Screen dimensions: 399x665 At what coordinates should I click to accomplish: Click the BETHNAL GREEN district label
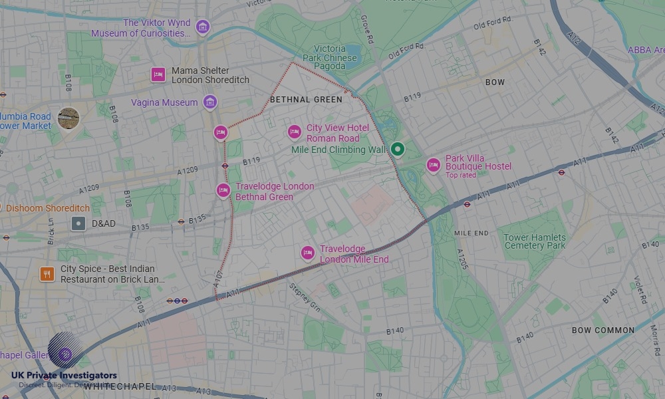coord(306,100)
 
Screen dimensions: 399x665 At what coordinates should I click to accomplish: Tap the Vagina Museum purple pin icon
coord(210,102)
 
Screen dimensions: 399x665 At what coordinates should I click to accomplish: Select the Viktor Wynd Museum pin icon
coord(203,27)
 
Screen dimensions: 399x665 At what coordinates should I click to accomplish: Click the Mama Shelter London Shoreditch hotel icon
coord(158,74)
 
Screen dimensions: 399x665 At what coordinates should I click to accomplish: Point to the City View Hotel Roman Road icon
coord(294,132)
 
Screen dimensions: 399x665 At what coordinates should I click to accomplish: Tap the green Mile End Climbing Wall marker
coord(397,149)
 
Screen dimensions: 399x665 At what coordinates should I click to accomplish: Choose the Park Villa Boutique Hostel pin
coord(434,165)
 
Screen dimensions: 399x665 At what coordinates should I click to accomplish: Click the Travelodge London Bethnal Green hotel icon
coord(223,191)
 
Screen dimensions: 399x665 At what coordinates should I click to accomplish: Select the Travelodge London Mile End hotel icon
coord(307,253)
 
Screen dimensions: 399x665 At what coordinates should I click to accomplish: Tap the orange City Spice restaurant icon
coord(47,274)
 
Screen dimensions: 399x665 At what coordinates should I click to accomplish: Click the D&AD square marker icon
coord(78,223)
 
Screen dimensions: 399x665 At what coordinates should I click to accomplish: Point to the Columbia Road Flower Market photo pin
coord(68,118)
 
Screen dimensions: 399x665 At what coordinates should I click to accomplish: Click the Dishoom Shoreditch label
coord(48,208)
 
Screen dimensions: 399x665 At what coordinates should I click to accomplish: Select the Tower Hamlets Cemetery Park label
coord(535,241)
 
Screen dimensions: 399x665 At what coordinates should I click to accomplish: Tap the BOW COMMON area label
coord(602,331)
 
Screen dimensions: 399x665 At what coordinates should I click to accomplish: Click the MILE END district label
coord(471,233)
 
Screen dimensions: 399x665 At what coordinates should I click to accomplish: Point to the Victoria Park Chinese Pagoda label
coord(329,58)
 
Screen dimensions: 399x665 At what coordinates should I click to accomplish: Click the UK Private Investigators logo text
coord(64,376)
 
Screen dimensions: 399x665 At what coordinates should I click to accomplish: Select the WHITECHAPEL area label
coord(120,386)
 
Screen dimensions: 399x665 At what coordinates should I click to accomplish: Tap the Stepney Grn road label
coord(305,298)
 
